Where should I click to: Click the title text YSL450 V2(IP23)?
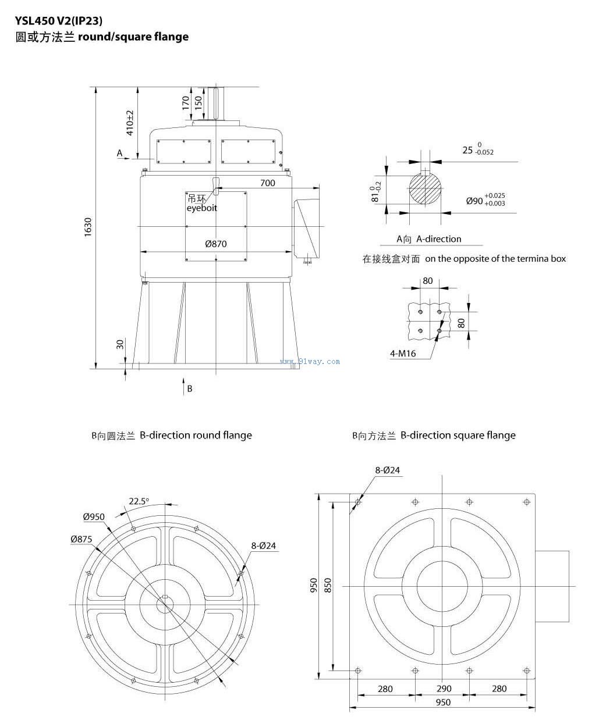pos(59,21)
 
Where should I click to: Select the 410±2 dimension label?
pos(130,122)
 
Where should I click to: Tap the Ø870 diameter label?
pos(215,244)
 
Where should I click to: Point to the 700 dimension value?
pos(267,183)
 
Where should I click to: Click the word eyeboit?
pos(202,208)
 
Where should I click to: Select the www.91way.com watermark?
pos(310,361)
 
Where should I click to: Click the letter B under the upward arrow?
pos(189,389)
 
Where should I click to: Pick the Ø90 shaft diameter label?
pos(475,201)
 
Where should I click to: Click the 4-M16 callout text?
pos(403,353)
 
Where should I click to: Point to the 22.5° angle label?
pos(139,501)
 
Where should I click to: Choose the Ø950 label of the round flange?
pos(94,516)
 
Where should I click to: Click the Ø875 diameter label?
pos(81,539)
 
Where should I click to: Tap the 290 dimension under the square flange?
pos(444,689)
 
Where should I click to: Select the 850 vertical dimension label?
pos(328,585)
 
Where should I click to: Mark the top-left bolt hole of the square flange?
pos(358,502)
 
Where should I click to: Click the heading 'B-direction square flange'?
pos(458,435)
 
